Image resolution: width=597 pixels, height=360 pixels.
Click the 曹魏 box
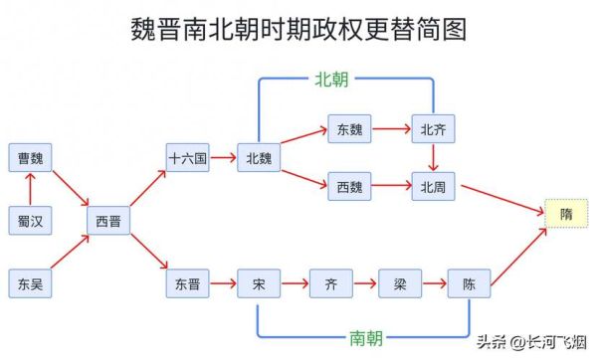(30, 157)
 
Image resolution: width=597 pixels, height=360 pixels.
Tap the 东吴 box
(30, 284)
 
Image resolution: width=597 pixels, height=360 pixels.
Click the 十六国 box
(188, 157)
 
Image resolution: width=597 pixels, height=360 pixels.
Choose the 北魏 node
(259, 157)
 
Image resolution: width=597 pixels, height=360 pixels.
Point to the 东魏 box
(349, 128)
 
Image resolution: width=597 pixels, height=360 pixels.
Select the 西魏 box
(349, 185)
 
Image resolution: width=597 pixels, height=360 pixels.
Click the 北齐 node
(433, 128)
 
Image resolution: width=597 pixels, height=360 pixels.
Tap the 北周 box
(433, 185)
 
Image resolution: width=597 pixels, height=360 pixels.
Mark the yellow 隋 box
(566, 214)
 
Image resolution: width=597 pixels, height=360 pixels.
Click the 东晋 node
(188, 284)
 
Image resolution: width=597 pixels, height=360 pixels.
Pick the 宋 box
(259, 284)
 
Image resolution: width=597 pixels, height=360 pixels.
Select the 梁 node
(400, 284)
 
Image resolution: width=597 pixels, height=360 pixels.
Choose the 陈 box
(470, 284)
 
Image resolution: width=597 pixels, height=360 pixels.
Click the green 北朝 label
(332, 78)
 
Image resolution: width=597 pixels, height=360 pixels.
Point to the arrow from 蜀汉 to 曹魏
(30, 189)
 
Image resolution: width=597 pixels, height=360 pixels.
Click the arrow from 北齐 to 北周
(433, 157)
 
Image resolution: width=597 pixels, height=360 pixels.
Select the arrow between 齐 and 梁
(365, 284)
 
